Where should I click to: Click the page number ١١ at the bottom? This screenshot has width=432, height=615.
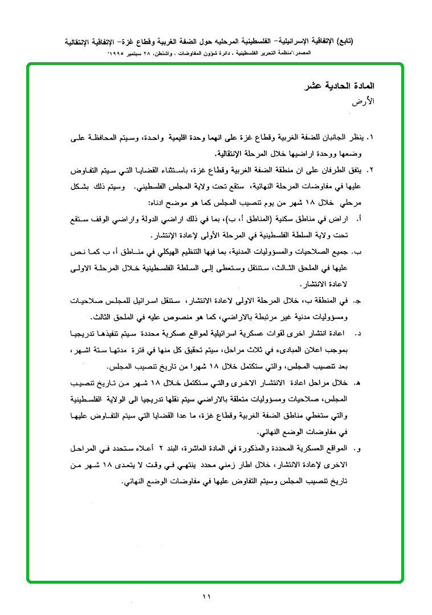point(207,597)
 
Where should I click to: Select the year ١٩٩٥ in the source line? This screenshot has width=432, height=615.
point(121,53)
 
